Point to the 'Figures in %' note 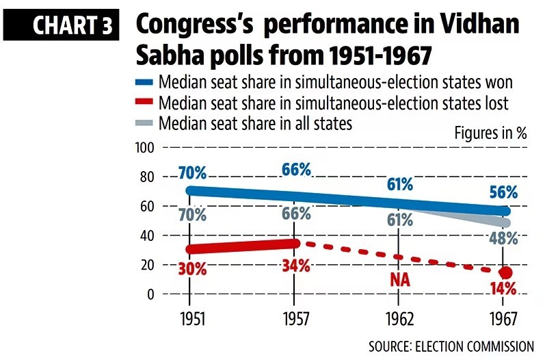coord(490,133)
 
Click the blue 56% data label coord(503,192)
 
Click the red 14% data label coord(503,289)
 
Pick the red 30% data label coord(191,268)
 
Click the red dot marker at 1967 coord(505,272)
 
